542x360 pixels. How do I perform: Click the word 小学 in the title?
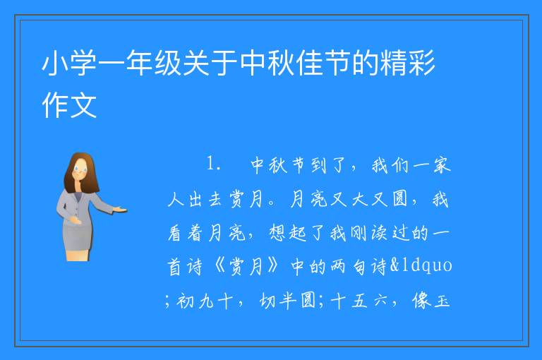coord(69,63)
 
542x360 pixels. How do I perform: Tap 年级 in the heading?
coord(155,63)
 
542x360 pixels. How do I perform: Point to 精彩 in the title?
coord(408,63)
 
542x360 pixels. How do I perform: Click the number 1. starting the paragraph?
coord(214,163)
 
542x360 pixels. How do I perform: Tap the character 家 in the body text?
coord(441,165)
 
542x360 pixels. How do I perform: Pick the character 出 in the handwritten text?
coord(195,199)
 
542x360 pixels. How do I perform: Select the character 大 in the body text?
coord(359,199)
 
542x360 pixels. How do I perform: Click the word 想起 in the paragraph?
coord(288,232)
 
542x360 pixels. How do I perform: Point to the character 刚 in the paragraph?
coord(358,232)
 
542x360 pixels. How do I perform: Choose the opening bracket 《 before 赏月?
coord(220,266)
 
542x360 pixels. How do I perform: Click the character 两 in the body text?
coord(337,266)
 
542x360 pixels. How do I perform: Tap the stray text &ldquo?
coord(421,265)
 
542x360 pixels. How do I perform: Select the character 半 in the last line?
coord(288,300)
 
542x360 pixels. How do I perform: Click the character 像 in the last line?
coord(421,300)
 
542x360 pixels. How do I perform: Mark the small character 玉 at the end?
coord(442,301)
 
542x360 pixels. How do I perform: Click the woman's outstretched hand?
coord(121,210)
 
